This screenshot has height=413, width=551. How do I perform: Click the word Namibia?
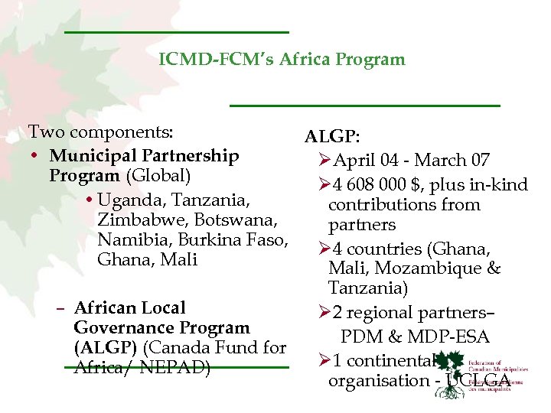[x=129, y=240]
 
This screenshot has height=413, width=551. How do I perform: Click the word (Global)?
[x=158, y=176]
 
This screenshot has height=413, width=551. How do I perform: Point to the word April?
[x=356, y=161]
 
